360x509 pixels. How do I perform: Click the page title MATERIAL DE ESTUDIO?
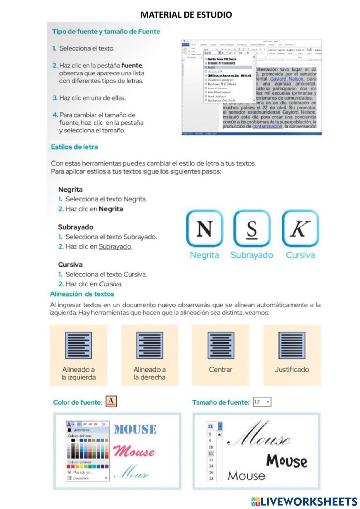[186, 15]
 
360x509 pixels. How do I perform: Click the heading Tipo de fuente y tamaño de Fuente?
[106, 31]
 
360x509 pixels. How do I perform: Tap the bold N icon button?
[204, 229]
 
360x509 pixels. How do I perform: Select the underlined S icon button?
[252, 229]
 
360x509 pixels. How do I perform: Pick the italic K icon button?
[300, 229]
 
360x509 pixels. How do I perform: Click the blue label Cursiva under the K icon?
[300, 255]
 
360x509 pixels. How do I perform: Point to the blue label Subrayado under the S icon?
[252, 255]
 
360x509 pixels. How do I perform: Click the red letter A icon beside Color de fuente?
[111, 401]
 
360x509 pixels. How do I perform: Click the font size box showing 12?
[262, 402]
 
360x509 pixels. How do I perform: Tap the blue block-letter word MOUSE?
[135, 429]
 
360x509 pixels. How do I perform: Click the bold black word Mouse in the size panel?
[287, 461]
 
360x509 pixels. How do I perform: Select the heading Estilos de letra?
[74, 147]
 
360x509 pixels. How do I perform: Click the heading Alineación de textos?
[82, 294]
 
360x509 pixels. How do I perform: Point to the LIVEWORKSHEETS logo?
[304, 501]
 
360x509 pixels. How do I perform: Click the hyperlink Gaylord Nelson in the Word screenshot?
[287, 79]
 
